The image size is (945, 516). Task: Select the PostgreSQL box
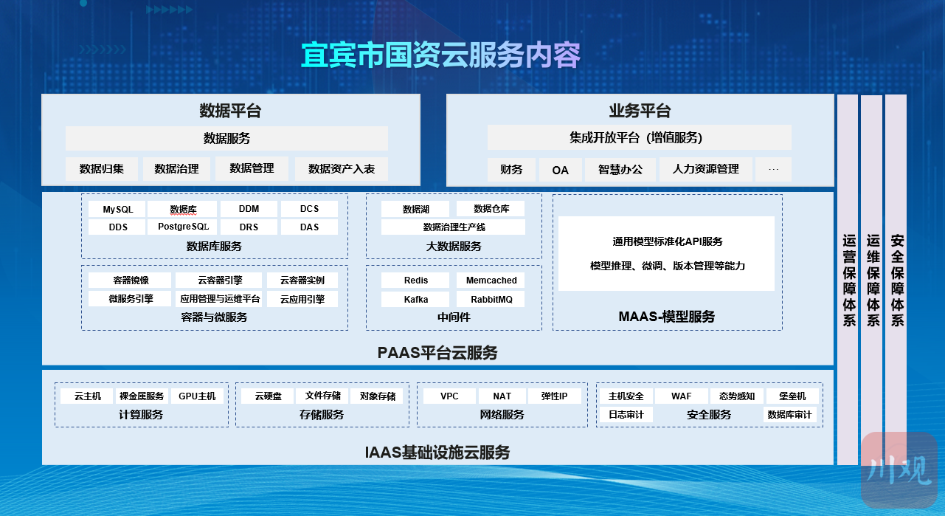click(182, 227)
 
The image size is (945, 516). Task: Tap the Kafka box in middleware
click(415, 300)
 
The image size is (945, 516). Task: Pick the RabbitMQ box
click(491, 300)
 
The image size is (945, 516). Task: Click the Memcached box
click(491, 281)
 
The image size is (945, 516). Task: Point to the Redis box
click(415, 281)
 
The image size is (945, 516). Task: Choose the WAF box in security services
click(681, 396)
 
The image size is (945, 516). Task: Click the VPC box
click(449, 396)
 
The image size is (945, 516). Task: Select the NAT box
click(502, 396)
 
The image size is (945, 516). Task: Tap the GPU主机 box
click(197, 396)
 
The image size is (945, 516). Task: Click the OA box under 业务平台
click(560, 170)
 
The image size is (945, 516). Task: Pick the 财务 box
click(511, 170)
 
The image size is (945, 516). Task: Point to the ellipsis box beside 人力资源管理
click(773, 169)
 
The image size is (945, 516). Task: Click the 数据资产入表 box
click(342, 169)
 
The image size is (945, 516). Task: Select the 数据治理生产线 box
click(454, 227)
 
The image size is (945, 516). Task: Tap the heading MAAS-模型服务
click(667, 317)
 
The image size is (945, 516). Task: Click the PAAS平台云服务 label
click(437, 353)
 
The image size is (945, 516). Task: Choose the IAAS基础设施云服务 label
click(437, 453)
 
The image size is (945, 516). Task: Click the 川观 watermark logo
click(899, 469)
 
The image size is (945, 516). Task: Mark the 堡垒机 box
click(792, 396)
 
